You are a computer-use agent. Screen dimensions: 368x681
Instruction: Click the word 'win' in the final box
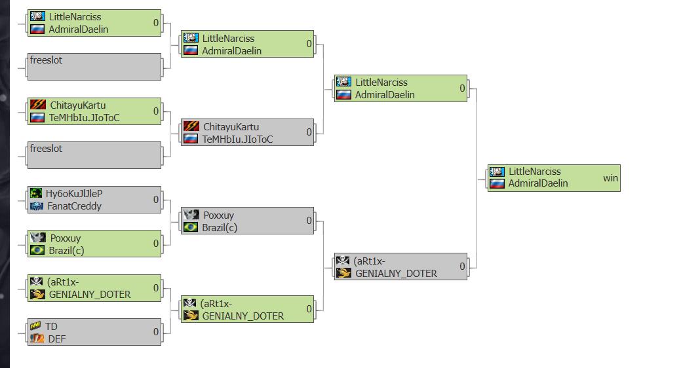point(610,177)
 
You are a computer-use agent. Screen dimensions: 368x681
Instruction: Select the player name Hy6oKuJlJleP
point(74,194)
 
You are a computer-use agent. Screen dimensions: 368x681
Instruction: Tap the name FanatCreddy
point(73,206)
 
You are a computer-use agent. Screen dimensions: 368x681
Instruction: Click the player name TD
point(51,326)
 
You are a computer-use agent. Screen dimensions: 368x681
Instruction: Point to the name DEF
point(57,339)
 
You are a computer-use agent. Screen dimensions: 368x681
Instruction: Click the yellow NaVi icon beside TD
point(37,326)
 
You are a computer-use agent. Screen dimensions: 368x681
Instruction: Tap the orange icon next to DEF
point(37,339)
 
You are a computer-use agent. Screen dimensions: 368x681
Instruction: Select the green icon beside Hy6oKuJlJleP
point(37,194)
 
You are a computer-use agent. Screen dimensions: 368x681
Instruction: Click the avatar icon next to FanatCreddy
point(37,206)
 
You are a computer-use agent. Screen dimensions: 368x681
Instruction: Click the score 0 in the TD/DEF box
point(156,332)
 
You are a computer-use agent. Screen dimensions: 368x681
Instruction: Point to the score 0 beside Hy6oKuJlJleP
point(156,200)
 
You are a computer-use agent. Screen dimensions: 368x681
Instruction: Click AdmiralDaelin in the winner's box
point(538,183)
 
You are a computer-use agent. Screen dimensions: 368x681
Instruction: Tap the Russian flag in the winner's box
point(496,183)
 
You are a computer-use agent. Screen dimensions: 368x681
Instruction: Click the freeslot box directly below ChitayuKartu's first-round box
point(95,155)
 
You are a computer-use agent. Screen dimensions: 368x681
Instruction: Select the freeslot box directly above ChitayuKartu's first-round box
point(95,66)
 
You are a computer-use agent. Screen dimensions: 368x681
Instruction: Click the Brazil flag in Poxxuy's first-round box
point(37,250)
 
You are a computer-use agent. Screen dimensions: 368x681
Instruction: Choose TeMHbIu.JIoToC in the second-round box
point(237,139)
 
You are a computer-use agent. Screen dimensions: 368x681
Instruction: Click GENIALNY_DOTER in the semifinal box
point(396,274)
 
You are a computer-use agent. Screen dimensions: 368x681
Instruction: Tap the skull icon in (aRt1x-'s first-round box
point(37,282)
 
